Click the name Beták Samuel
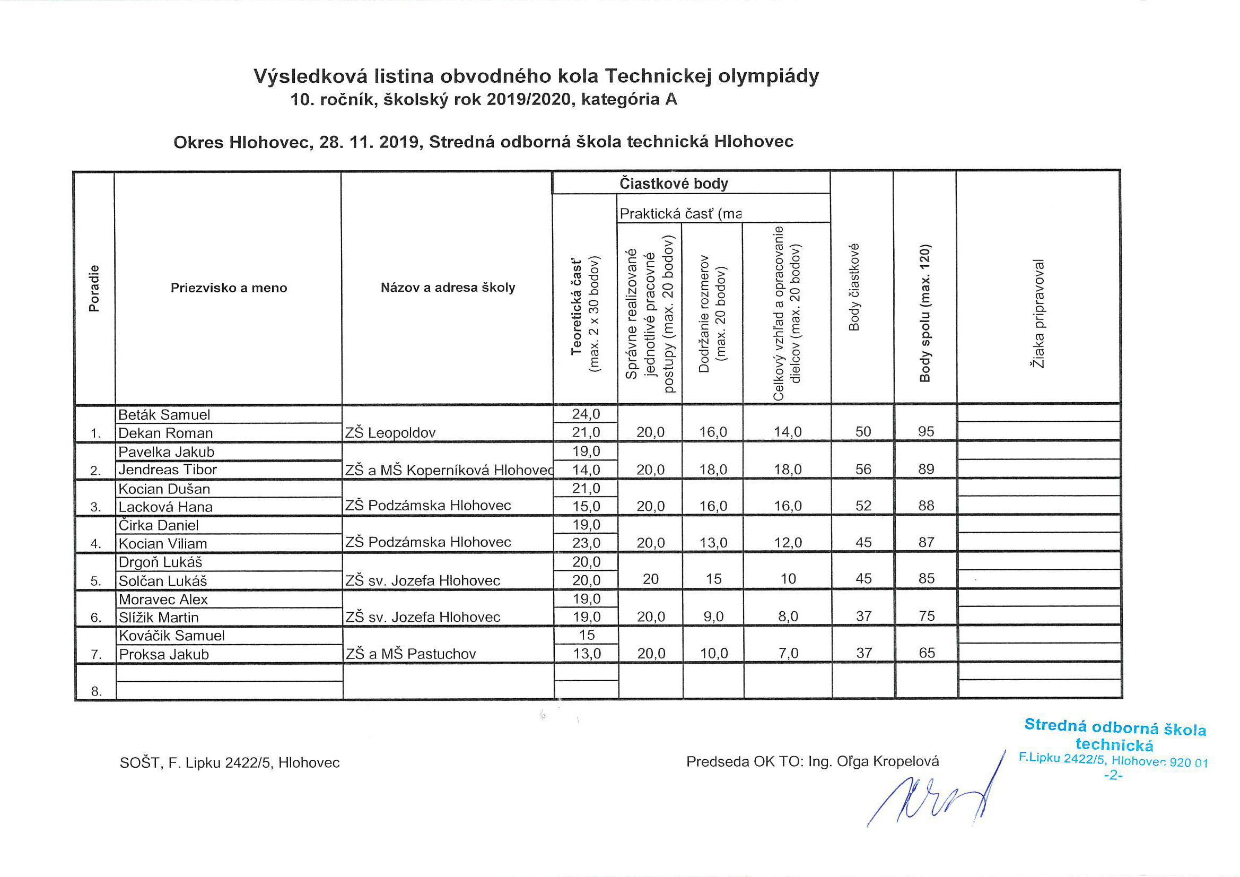164,415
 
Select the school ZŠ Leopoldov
390,433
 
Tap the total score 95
925,432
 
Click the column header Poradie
94,289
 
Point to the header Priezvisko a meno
229,288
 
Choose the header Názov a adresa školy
448,288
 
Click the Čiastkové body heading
674,184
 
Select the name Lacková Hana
165,507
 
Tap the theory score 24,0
586,414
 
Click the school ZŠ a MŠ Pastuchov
411,654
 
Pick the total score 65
927,653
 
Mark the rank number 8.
96,691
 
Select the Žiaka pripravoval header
1038,314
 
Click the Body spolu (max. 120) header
925,314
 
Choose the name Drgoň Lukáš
160,562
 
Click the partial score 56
863,470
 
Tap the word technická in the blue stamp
1114,745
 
